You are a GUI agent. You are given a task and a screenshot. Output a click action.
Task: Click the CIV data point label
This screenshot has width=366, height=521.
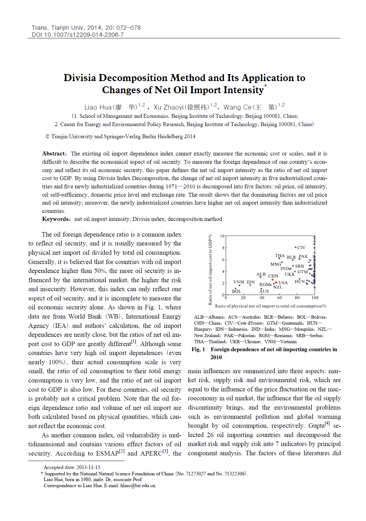coord(301,247)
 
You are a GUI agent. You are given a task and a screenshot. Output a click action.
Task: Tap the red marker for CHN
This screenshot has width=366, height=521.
coord(272,280)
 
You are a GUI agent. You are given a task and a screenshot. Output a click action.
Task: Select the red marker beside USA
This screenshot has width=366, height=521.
coord(276,282)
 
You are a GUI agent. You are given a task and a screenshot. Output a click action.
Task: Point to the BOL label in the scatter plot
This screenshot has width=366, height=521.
coord(237,291)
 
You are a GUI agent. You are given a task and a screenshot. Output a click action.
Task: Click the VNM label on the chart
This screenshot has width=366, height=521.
coord(238,282)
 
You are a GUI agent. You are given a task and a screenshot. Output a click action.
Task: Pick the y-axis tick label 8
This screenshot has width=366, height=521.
coord(223,248)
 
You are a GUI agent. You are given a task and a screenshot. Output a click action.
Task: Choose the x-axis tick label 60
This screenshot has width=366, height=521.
coord(280,298)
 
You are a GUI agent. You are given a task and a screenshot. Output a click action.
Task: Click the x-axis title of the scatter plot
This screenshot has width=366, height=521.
coord(270,306)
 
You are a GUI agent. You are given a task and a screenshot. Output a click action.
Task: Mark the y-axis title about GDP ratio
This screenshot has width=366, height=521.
coord(210,270)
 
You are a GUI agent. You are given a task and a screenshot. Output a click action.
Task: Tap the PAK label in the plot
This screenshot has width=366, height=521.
coord(303,256)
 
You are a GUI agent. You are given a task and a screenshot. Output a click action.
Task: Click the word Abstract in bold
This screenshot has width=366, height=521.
coord(54,154)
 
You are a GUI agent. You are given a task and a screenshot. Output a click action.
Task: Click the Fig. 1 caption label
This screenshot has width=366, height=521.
coord(198,350)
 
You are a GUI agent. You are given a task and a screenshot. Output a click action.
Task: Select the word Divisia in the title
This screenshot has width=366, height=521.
coord(80,78)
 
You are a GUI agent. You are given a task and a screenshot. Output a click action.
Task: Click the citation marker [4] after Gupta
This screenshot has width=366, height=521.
coord(327,424)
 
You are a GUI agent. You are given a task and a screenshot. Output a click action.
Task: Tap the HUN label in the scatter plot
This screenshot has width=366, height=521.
coord(299,282)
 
